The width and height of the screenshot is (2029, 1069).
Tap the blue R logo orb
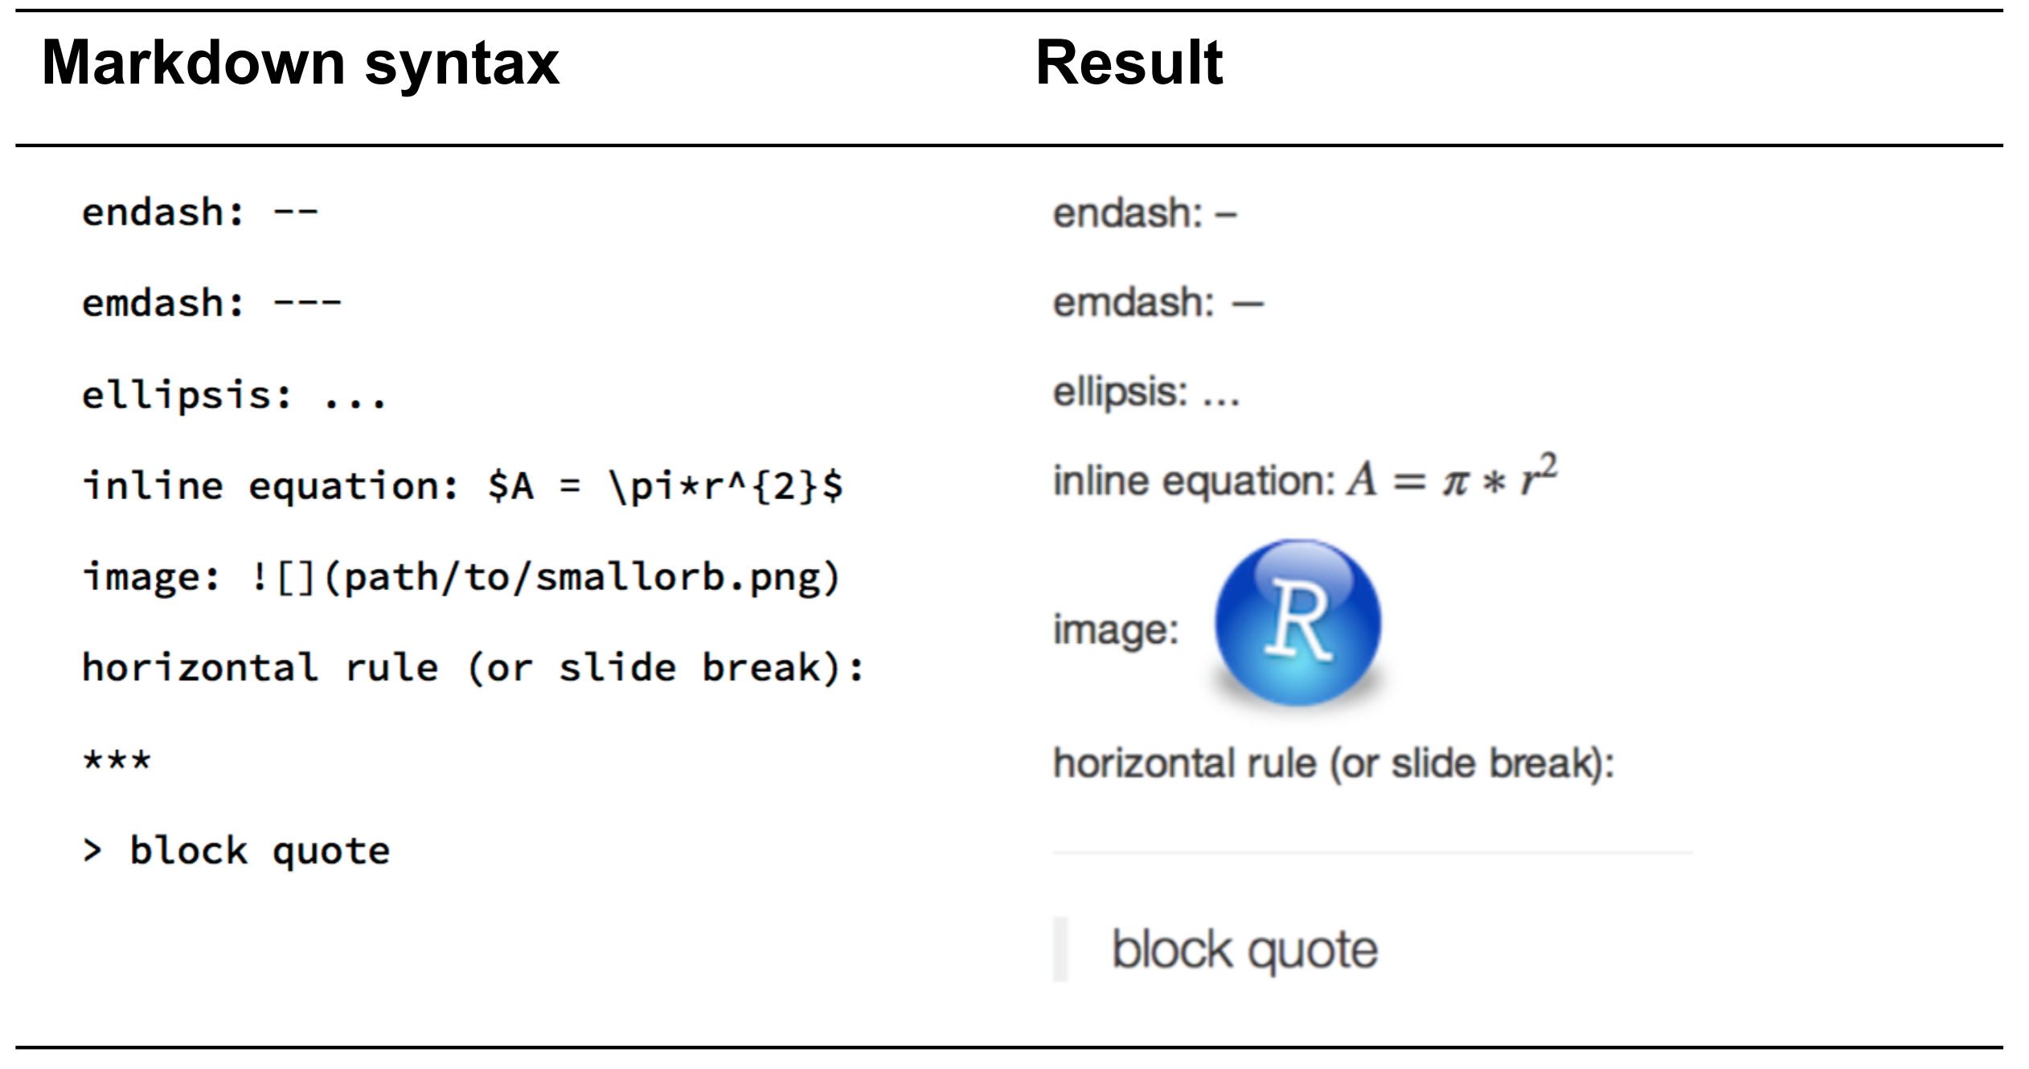coord(1297,622)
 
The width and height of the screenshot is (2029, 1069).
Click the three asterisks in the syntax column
coord(117,760)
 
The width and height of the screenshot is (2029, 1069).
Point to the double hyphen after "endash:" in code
coord(296,213)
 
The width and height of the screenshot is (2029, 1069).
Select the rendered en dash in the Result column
coord(1225,215)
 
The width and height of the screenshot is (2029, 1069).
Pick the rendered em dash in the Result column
coord(1248,305)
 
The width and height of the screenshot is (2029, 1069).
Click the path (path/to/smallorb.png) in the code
coord(582,578)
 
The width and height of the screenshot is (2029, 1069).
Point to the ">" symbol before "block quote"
coord(92,850)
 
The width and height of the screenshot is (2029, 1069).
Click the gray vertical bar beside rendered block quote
coord(1060,949)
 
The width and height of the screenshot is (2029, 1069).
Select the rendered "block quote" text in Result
coord(1244,950)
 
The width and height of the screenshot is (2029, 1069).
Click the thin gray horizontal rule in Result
coord(1371,853)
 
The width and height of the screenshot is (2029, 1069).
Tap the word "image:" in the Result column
coord(1116,629)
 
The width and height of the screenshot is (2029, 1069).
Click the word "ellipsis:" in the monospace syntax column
coord(187,395)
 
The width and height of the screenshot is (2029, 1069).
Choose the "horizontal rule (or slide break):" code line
coord(473,668)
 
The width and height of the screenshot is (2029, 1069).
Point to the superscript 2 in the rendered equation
coord(1549,466)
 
